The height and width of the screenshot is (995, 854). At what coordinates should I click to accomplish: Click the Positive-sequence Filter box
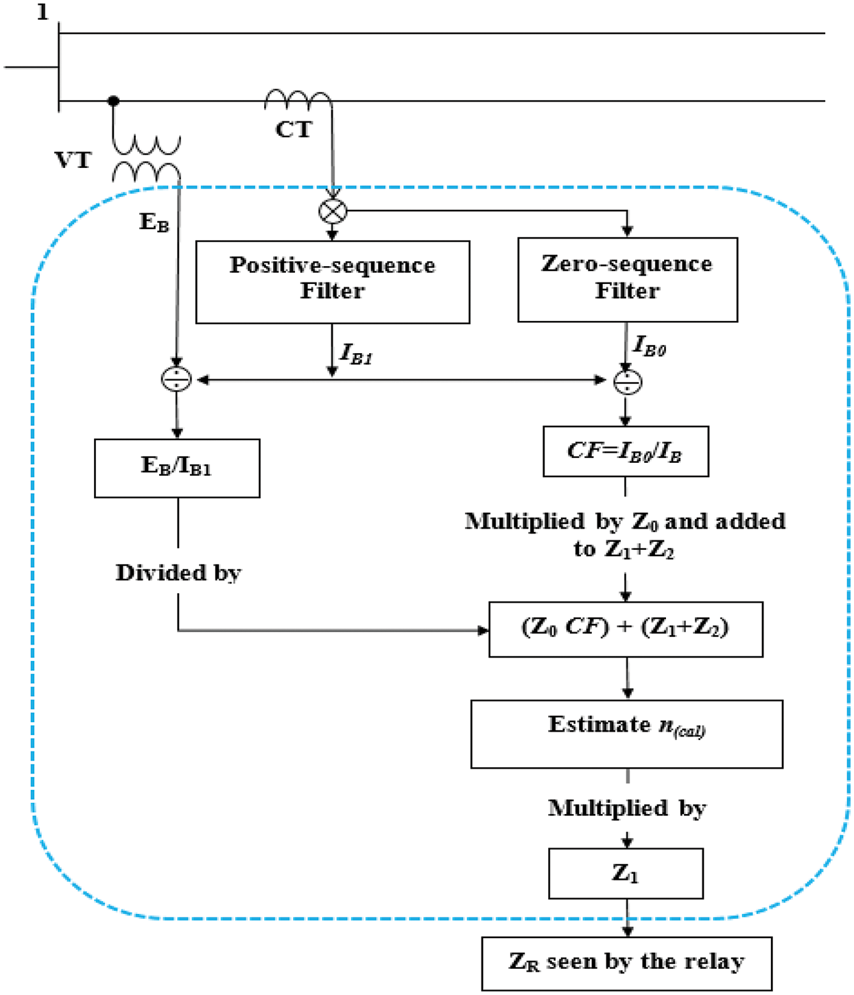(333, 282)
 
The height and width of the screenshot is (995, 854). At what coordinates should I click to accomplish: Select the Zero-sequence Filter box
(627, 280)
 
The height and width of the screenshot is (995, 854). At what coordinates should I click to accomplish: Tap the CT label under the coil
(294, 130)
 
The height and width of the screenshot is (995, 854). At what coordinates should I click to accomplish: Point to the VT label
(73, 160)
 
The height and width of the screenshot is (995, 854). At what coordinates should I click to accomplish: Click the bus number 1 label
(43, 12)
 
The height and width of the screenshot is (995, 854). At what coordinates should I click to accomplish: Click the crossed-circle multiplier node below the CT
(333, 211)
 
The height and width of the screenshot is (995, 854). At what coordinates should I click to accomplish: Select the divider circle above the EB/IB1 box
(176, 379)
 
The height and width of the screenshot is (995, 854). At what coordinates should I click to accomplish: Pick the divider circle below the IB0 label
(628, 382)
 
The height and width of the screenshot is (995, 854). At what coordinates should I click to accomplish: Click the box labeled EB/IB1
(177, 468)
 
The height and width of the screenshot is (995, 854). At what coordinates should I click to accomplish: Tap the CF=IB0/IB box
(625, 451)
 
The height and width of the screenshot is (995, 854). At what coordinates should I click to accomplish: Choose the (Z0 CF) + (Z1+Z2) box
(626, 629)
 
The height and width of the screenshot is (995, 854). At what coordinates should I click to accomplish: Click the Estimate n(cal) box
(626, 734)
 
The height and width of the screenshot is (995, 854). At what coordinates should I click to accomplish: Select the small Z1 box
(626, 873)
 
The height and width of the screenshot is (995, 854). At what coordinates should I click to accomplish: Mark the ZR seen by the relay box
(626, 963)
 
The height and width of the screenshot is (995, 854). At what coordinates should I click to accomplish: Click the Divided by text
(178, 573)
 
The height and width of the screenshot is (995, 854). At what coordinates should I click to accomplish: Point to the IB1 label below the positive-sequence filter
(356, 355)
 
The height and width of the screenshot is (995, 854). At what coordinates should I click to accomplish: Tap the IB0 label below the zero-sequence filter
(650, 346)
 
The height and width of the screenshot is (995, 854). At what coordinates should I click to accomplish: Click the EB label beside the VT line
(154, 222)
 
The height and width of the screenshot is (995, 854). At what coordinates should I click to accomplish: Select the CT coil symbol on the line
(298, 100)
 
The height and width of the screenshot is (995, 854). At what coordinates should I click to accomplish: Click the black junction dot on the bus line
(114, 101)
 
